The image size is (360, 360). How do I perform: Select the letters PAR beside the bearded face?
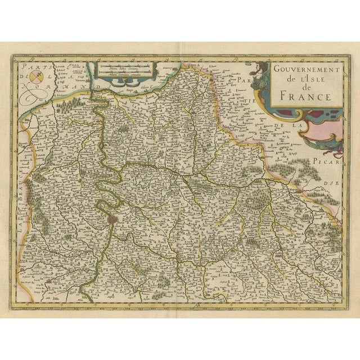coord(242,82)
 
